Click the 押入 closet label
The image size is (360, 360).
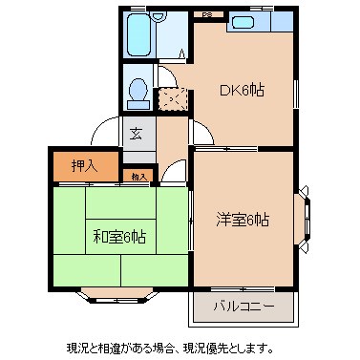84,165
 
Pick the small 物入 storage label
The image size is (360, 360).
139,176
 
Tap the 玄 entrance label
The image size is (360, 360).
137,133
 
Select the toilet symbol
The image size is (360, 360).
138,89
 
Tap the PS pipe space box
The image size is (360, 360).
207,15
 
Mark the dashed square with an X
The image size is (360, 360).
173,98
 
